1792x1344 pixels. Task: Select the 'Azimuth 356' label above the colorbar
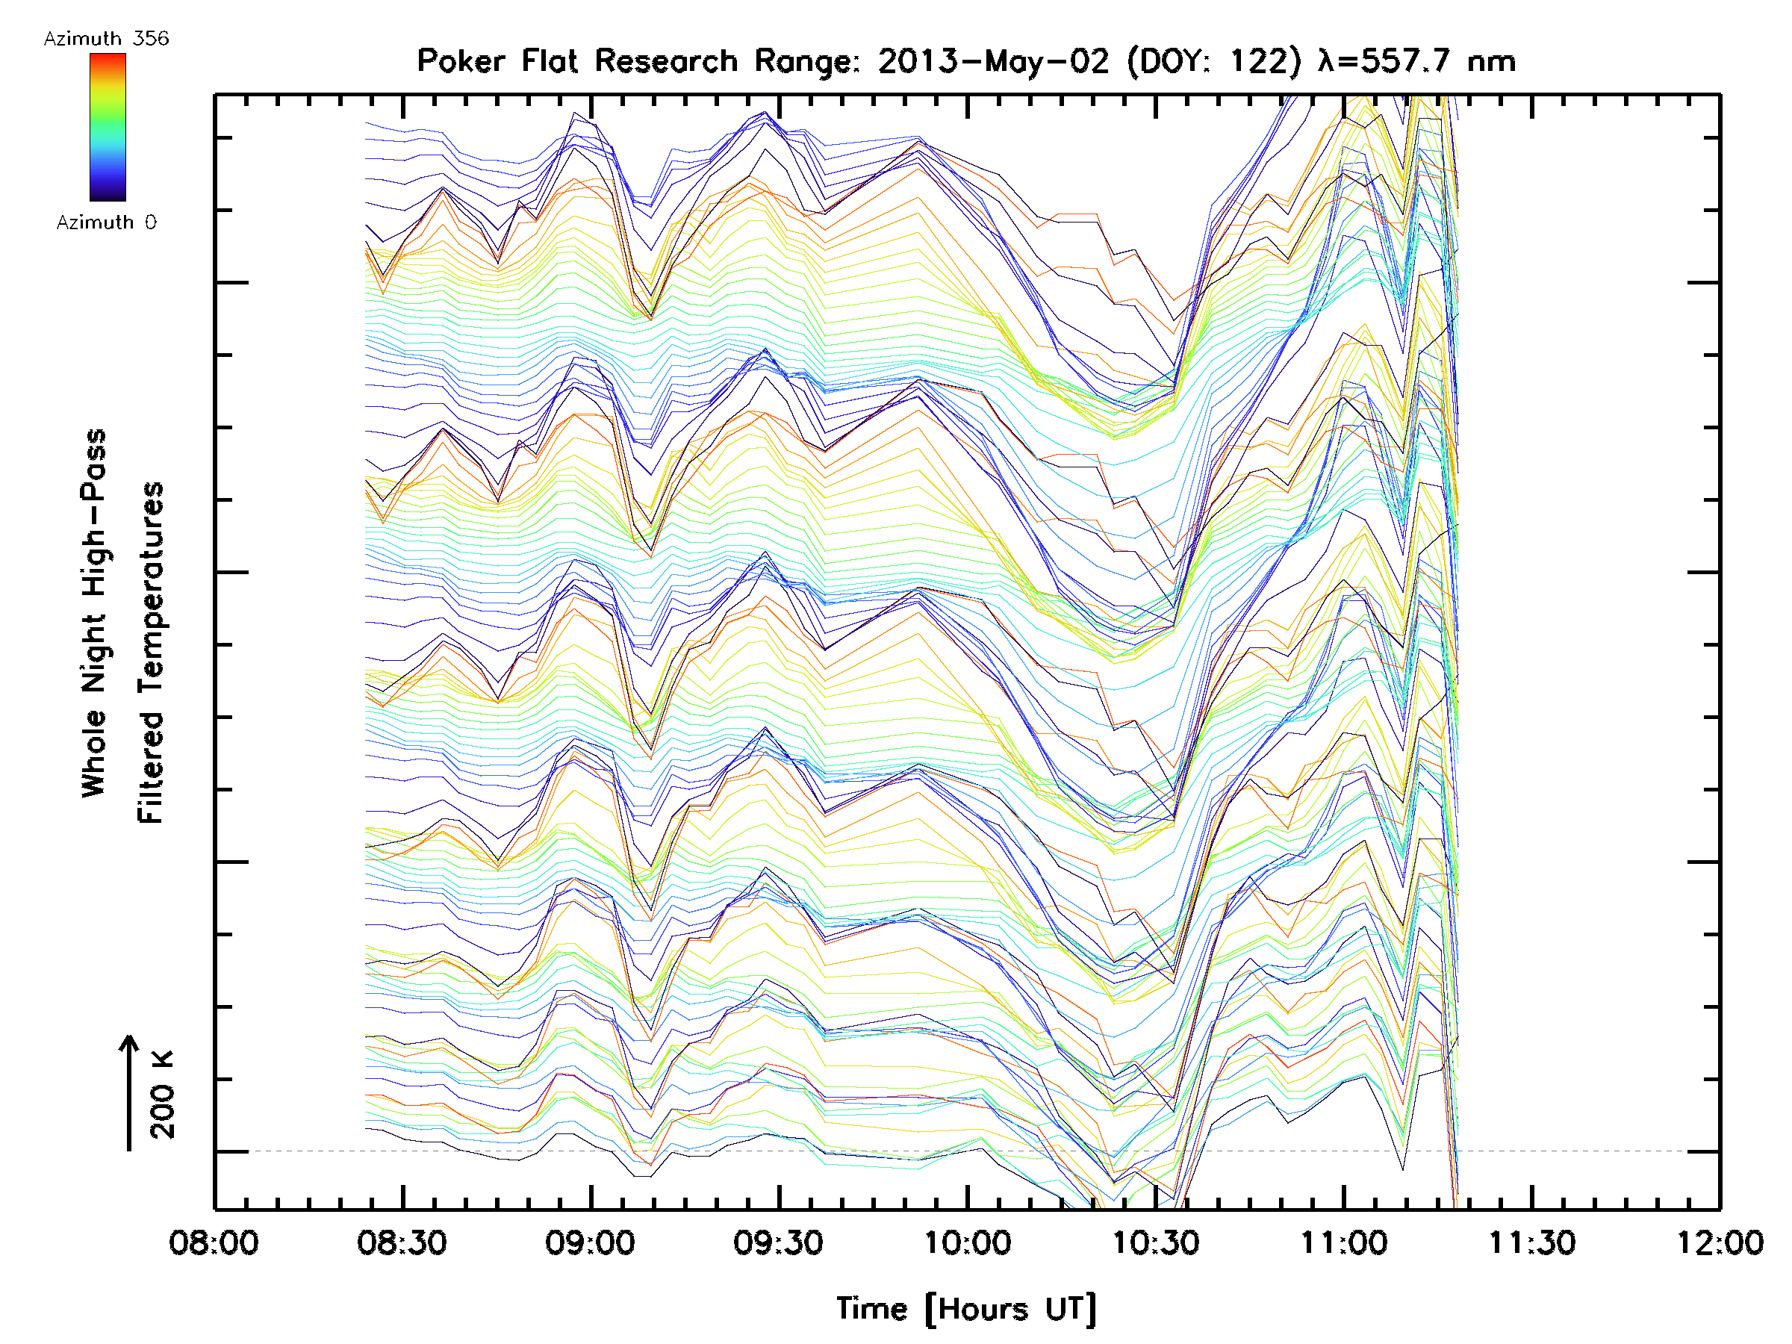tap(106, 39)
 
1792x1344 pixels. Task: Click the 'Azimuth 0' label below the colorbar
tap(106, 222)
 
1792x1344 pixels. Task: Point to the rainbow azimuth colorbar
tap(108, 127)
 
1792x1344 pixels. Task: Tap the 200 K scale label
tap(162, 1095)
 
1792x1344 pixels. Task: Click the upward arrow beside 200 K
tap(129, 1093)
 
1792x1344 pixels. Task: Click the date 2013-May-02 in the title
tap(993, 61)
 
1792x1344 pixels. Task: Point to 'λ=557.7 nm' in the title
tap(1417, 61)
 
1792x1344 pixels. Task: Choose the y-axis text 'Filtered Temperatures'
tap(151, 653)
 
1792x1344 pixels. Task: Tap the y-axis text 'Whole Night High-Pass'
tap(94, 613)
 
